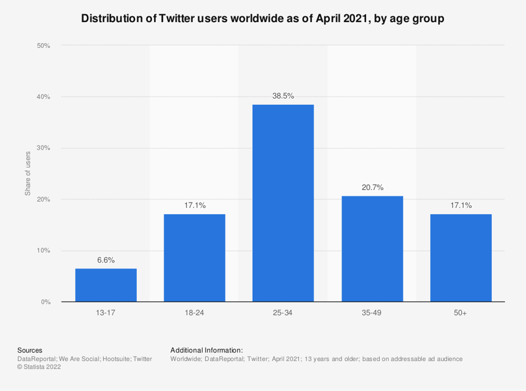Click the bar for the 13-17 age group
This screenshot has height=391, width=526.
106,285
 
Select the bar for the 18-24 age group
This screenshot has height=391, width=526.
195,258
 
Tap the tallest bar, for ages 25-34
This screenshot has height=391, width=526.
283,203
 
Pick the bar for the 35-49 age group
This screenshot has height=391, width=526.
372,249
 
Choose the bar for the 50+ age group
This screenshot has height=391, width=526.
461,258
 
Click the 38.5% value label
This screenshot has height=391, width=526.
283,96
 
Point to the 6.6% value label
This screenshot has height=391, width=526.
106,260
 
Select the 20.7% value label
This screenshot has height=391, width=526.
373,188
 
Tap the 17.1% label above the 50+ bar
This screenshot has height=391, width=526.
461,205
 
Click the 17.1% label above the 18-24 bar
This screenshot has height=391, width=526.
195,205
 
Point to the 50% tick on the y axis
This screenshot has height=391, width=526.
44,46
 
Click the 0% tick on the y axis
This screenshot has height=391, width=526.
45,302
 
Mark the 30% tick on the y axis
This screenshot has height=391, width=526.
44,148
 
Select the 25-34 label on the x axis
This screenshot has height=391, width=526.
283,313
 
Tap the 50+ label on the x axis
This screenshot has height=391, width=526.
460,313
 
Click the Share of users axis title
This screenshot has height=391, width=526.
28,173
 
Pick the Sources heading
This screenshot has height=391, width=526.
30,350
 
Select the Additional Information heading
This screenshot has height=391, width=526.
206,350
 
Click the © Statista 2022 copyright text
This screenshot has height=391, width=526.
39,367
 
